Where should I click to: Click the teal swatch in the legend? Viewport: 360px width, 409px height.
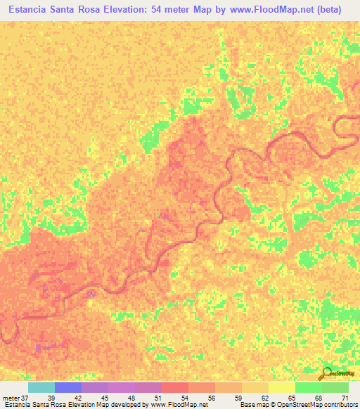(x=41, y=387)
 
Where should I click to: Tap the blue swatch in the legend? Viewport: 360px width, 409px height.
(x=68, y=387)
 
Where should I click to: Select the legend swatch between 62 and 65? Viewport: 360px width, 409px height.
(x=282, y=387)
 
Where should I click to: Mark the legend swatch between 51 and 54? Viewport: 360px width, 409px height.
(x=175, y=387)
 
